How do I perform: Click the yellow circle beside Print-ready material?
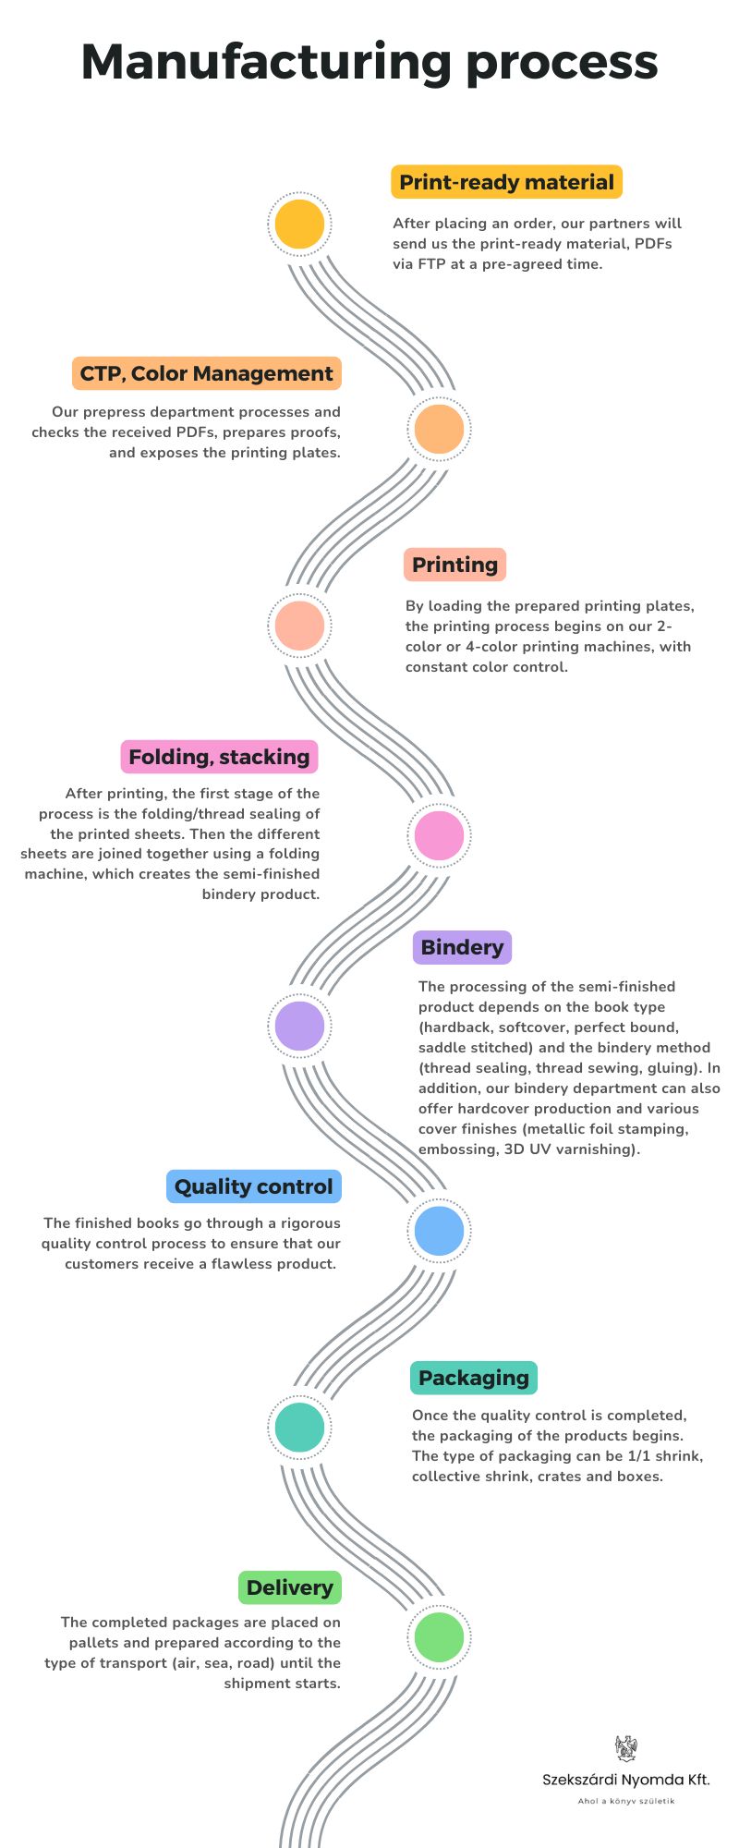coord(300,224)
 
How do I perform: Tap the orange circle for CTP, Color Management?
coord(440,429)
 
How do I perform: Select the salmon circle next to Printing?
coord(300,626)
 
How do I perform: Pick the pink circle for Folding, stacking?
coord(440,834)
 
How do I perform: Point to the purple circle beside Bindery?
coord(300,1026)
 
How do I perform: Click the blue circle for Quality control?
coord(440,1231)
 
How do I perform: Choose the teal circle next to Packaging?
coord(300,1427)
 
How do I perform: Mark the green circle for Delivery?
coord(440,1636)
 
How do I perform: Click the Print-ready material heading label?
coord(507,182)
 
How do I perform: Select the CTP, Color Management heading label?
coord(206,373)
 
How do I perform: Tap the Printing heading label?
coord(454,565)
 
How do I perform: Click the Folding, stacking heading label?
coord(220,757)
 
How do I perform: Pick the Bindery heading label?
coord(462,947)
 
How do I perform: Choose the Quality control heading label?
coord(254,1186)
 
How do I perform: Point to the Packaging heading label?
coord(474,1378)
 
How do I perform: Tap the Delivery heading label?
coord(290,1587)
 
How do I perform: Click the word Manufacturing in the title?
coord(266,63)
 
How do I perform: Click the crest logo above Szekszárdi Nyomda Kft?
coord(626,1747)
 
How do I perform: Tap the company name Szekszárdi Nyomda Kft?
coord(626,1780)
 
